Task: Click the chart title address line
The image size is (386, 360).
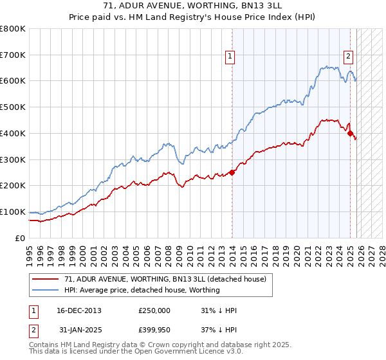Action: click(x=192, y=6)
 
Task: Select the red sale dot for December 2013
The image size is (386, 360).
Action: click(x=232, y=172)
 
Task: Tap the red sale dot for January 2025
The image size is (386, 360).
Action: click(x=351, y=133)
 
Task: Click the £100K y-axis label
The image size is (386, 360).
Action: click(x=13, y=212)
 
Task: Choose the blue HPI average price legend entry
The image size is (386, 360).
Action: click(x=142, y=290)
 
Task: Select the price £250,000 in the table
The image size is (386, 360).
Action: click(x=154, y=310)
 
